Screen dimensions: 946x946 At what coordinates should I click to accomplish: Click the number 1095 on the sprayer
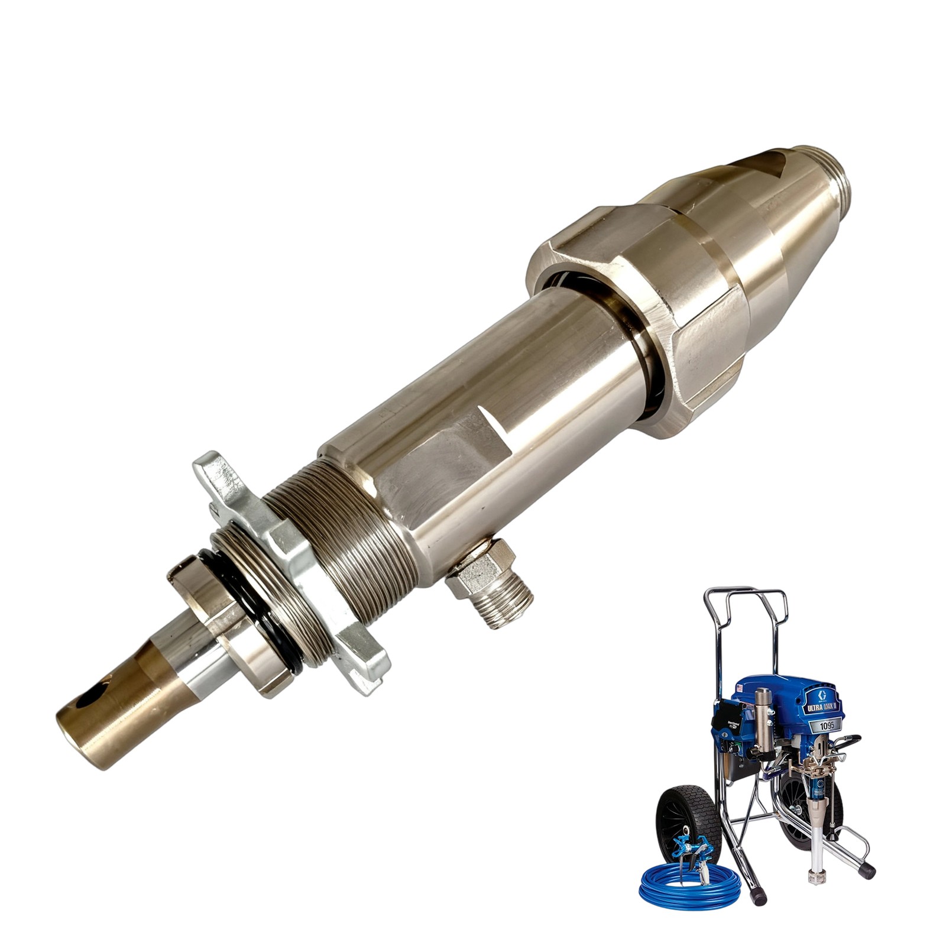(x=825, y=725)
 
